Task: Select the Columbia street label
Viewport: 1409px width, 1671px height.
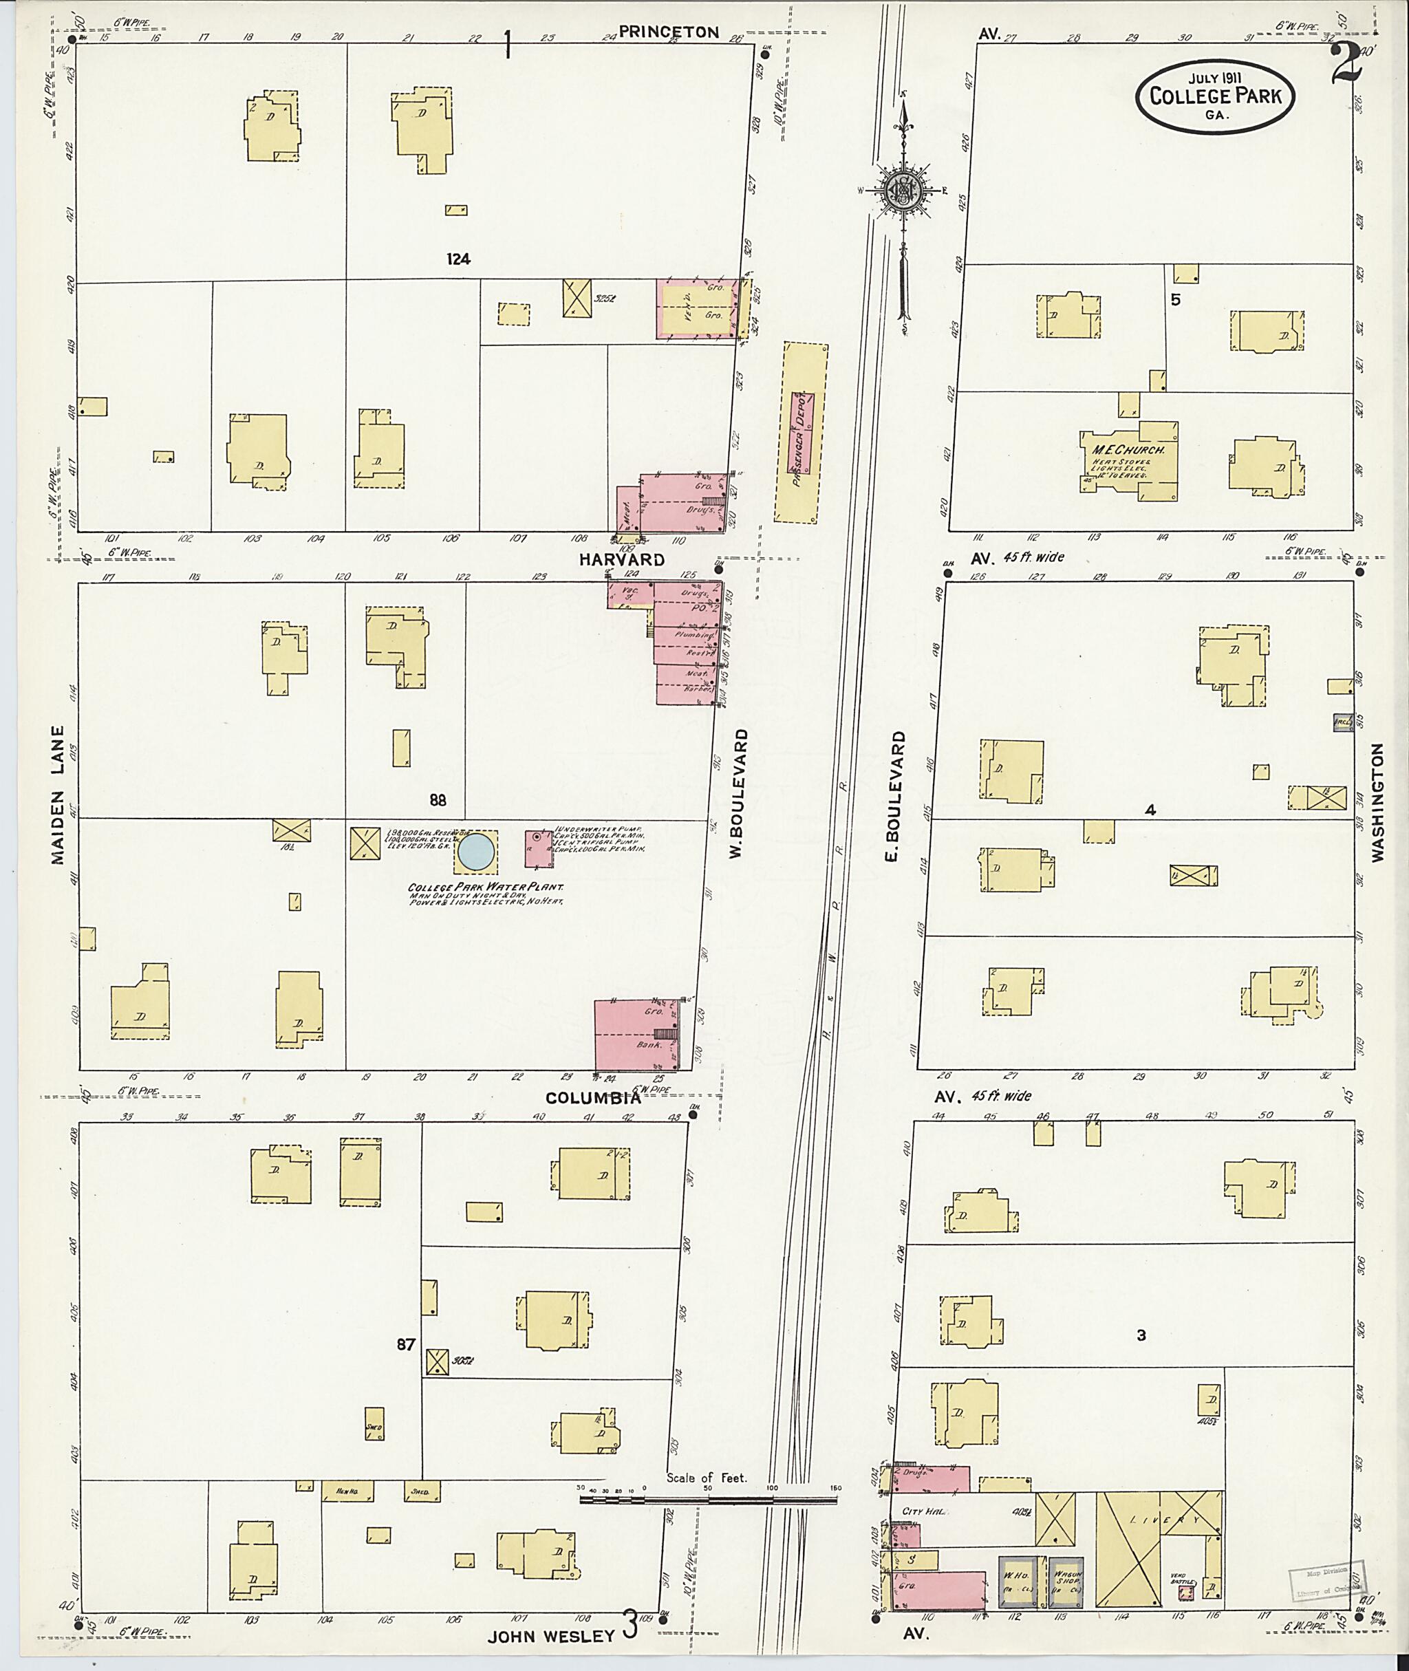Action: click(591, 1097)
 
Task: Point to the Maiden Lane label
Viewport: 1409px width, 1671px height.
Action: click(58, 795)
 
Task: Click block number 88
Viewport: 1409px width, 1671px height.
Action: click(437, 800)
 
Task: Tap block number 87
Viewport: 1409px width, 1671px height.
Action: click(406, 1345)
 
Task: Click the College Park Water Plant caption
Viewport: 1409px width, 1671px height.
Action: click(486, 887)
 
